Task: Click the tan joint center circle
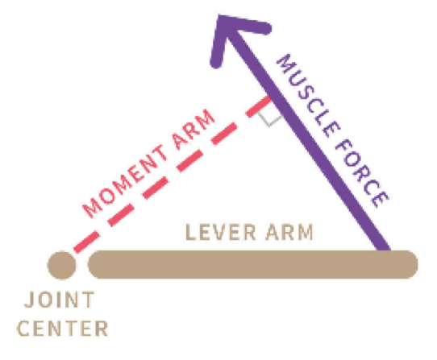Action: [61, 265]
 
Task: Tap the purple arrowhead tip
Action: [218, 15]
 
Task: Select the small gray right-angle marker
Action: [270, 119]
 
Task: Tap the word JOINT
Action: [60, 300]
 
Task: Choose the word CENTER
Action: [62, 329]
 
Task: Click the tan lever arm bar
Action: [253, 264]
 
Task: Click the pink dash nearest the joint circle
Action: [86, 242]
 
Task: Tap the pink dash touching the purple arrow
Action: [258, 106]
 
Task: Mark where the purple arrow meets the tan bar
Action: [384, 250]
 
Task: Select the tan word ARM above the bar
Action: [289, 232]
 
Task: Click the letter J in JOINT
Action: [30, 300]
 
